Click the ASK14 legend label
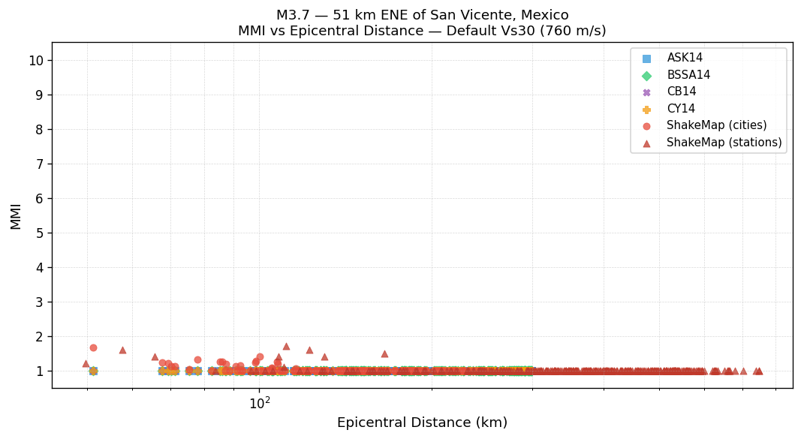685,58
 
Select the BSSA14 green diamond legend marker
646,75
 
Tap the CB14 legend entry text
681,92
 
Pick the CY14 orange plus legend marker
646,109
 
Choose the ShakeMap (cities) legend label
716,125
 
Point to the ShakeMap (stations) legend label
724,143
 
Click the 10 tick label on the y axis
36,61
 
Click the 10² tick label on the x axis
260,403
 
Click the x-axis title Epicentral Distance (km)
422,422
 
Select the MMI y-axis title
16,215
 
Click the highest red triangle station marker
286,346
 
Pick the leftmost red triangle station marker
86,363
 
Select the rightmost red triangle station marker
759,371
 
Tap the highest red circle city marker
93,347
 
